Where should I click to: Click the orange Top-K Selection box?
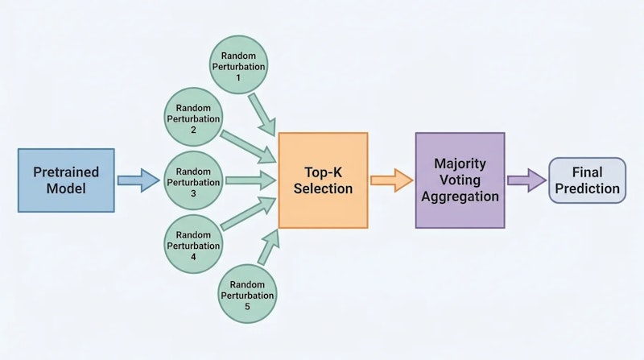(x=323, y=180)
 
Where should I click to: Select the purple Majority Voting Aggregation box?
(x=460, y=180)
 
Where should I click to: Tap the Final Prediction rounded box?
(x=586, y=180)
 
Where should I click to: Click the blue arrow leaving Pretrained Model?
(x=138, y=180)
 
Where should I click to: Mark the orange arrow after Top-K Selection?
(x=390, y=180)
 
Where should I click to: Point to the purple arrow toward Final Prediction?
(x=526, y=180)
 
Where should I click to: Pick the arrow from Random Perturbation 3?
(x=250, y=180)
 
